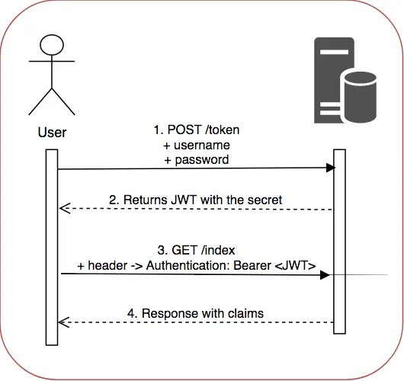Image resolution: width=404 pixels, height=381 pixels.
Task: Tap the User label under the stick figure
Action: click(x=52, y=133)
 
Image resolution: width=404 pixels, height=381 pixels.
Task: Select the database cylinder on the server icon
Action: click(x=360, y=96)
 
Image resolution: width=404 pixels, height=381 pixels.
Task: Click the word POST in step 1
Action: click(x=184, y=130)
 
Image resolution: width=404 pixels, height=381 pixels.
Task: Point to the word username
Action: click(x=202, y=146)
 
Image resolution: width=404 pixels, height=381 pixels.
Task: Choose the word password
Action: click(x=202, y=160)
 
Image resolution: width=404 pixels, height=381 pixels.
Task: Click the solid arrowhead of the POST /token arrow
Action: click(x=331, y=168)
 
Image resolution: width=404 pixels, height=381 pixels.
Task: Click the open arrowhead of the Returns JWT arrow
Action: click(x=65, y=208)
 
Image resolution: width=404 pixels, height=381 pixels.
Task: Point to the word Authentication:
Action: click(x=188, y=265)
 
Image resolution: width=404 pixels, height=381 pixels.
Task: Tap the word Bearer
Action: click(x=252, y=265)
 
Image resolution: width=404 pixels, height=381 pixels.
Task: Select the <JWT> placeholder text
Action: click(x=295, y=265)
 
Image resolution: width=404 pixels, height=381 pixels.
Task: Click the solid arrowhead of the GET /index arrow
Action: click(x=325, y=275)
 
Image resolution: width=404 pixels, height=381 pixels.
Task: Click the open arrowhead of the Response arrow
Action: click(x=64, y=322)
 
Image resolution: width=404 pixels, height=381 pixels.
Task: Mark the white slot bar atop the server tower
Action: click(x=334, y=52)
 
